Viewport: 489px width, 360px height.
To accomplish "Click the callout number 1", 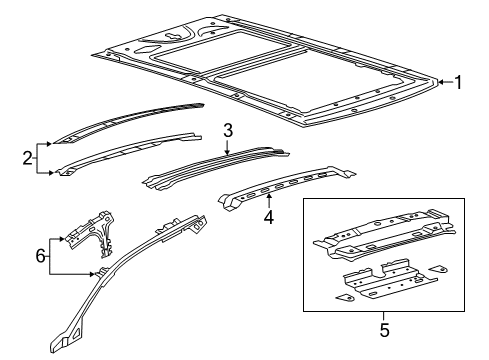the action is (458, 82).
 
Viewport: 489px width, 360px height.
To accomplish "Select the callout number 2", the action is (27, 158).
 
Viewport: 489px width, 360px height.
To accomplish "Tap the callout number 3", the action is (228, 131).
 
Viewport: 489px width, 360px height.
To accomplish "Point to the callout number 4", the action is (269, 217).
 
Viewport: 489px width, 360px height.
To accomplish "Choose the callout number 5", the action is (384, 330).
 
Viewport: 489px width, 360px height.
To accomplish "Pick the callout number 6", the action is (40, 256).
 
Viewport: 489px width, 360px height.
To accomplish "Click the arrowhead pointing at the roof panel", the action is (441, 82).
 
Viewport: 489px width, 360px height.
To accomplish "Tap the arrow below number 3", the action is (227, 148).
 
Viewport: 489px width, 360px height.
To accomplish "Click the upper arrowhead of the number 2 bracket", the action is (50, 144).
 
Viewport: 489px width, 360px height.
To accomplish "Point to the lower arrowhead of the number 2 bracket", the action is (51, 173).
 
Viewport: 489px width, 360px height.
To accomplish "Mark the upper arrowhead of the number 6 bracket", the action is (61, 239).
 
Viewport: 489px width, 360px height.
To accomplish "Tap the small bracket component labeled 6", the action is (91, 233).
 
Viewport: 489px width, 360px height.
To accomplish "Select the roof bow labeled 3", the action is (216, 168).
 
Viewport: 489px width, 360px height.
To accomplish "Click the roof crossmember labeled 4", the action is (287, 188).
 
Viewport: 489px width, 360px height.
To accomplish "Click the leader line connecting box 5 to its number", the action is (384, 317).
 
